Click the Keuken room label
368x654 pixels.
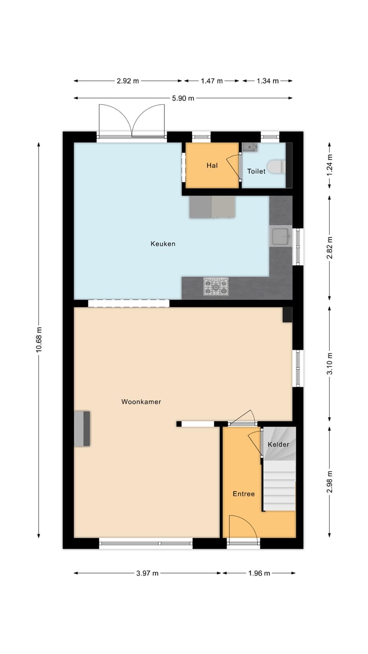tap(163, 244)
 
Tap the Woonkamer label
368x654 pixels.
tap(141, 402)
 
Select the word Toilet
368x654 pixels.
tap(256, 172)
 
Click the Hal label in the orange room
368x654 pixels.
tap(212, 166)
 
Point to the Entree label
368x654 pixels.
tap(243, 494)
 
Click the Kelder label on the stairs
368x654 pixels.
tap(279, 445)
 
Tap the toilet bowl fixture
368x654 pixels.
tap(276, 167)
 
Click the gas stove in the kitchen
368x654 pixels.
tap(216, 287)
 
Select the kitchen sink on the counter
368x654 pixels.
tap(281, 237)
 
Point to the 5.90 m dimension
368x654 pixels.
tap(183, 98)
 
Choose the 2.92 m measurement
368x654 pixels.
tap(128, 81)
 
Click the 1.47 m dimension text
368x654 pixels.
tap(212, 81)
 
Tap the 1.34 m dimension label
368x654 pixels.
tap(268, 81)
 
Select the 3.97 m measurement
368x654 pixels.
tap(148, 573)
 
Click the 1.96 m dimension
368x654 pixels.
tap(259, 573)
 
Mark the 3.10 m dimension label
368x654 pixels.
tap(330, 364)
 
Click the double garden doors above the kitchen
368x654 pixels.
tap(132, 121)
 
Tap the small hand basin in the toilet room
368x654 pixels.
tap(250, 147)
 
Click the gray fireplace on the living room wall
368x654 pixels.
tap(82, 428)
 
